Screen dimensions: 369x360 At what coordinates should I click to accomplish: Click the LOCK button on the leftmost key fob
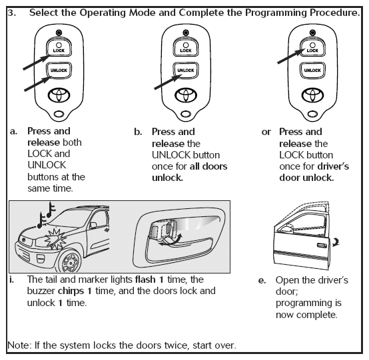coord(59,47)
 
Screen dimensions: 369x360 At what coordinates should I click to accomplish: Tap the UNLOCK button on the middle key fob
coord(186,70)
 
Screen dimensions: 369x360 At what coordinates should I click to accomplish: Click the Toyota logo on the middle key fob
coord(186,95)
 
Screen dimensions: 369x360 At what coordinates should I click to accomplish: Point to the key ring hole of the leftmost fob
coord(59,114)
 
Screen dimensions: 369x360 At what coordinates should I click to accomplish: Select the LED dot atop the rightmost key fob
coord(312,33)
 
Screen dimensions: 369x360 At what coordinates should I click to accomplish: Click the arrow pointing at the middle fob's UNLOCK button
coord(168,82)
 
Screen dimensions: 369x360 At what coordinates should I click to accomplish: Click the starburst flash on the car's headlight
coord(55,239)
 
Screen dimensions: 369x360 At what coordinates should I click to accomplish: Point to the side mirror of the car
coord(93,225)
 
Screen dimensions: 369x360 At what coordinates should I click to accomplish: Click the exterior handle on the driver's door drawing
coord(322,246)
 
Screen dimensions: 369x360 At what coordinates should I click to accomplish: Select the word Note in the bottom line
coord(19,345)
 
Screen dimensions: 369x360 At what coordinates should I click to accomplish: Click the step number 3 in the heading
coord(11,13)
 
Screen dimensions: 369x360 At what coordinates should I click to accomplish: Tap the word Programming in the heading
coord(276,13)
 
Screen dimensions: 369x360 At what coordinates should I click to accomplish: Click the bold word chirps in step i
coord(71,291)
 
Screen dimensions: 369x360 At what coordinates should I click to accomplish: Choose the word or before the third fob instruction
coord(266,132)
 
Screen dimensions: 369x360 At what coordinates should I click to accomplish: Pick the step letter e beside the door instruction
coord(262,281)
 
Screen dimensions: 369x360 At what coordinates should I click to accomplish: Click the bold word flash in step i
coord(145,279)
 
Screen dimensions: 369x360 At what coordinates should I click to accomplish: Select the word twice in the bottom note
coord(176,345)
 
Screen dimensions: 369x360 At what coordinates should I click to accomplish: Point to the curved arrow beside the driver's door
coord(336,242)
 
